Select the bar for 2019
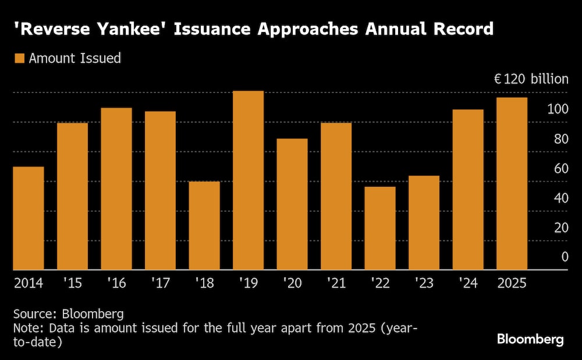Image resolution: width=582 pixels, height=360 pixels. pyautogui.click(x=248, y=180)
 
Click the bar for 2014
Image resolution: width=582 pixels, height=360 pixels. pyautogui.click(x=29, y=218)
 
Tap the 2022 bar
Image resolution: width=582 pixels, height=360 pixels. pyautogui.click(x=380, y=228)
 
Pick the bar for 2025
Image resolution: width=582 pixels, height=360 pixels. pyautogui.click(x=512, y=183)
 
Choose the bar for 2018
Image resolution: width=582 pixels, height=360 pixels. pyautogui.click(x=204, y=226)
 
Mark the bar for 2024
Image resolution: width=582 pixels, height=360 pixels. pyautogui.click(x=468, y=190)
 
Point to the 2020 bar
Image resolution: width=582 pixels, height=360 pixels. pyautogui.click(x=292, y=204)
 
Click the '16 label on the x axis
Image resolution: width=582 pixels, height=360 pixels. pyautogui.click(x=116, y=283)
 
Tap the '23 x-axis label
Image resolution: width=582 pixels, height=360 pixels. pyautogui.click(x=424, y=283)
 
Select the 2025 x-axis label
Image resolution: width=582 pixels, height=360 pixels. pyautogui.click(x=512, y=283)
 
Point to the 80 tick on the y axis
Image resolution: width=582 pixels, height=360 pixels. pyautogui.click(x=561, y=139)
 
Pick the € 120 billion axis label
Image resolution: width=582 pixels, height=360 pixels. pyautogui.click(x=531, y=79)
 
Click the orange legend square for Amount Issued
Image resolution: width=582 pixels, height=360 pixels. pyautogui.click(x=19, y=58)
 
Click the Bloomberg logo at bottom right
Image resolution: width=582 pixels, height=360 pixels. pyautogui.click(x=530, y=340)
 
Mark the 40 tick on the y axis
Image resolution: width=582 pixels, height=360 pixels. pyautogui.click(x=561, y=198)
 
